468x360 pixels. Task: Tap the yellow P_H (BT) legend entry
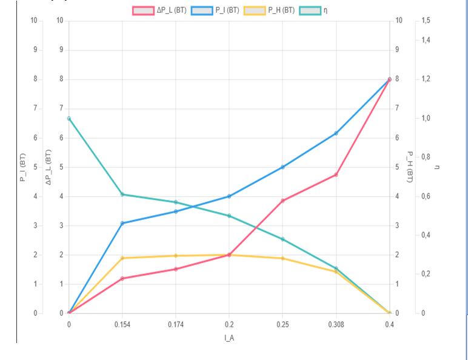point(269,10)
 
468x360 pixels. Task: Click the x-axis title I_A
point(229,338)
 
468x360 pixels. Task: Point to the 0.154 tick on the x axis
point(122,324)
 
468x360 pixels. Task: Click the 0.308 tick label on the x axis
point(335,324)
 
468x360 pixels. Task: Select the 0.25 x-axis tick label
point(282,324)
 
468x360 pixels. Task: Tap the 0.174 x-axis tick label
point(176,324)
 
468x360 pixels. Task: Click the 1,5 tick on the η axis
point(426,21)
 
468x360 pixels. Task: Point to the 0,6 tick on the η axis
point(426,196)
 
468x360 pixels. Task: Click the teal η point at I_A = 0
point(69,118)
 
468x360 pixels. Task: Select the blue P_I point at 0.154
point(122,223)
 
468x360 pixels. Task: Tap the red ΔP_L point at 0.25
point(282,201)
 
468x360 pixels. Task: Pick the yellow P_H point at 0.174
point(176,256)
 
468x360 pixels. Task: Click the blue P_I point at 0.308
point(336,133)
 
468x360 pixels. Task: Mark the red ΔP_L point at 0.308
point(336,175)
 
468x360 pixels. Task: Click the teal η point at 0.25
point(282,239)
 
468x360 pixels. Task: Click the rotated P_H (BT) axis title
point(410,167)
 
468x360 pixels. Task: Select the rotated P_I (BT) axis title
point(24,167)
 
